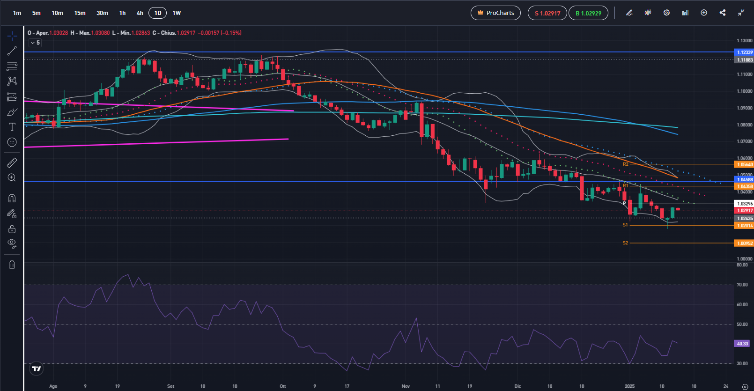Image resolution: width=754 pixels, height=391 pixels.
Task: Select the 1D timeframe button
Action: click(x=158, y=13)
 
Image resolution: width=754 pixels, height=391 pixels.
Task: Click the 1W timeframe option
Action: click(x=177, y=13)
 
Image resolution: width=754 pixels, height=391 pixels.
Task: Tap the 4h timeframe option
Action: click(x=140, y=13)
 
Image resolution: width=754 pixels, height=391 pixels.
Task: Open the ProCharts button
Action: click(x=495, y=13)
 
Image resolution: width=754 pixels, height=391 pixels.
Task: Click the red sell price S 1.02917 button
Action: click(x=547, y=13)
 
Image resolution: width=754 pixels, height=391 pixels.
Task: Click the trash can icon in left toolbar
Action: click(x=12, y=265)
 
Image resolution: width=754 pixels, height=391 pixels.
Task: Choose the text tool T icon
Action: click(x=12, y=127)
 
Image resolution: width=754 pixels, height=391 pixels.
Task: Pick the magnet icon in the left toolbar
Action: click(x=12, y=198)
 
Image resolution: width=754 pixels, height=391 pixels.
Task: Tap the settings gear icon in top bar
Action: click(x=666, y=13)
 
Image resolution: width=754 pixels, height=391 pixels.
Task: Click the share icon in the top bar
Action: click(x=723, y=13)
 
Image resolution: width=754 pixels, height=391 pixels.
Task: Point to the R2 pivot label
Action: click(x=625, y=164)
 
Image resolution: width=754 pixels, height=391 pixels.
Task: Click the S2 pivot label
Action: click(x=625, y=243)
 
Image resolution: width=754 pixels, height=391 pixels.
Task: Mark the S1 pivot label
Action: click(x=625, y=225)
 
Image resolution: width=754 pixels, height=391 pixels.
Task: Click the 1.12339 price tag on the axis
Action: click(x=745, y=52)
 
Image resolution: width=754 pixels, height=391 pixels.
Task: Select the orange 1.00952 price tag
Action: click(x=745, y=243)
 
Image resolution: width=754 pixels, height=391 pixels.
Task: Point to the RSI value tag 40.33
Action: click(x=743, y=344)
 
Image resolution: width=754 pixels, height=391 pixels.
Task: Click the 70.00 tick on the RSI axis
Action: click(x=742, y=285)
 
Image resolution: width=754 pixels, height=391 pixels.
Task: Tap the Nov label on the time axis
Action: click(x=406, y=386)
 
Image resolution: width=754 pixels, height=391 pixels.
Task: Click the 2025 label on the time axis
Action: click(x=629, y=386)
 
